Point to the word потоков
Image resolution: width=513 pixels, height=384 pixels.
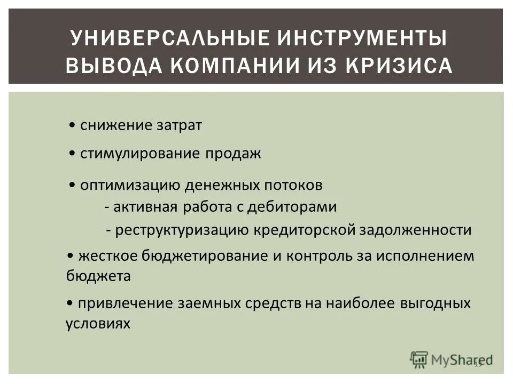(x=293, y=185)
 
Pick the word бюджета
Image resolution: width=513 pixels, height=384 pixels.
(x=98, y=276)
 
